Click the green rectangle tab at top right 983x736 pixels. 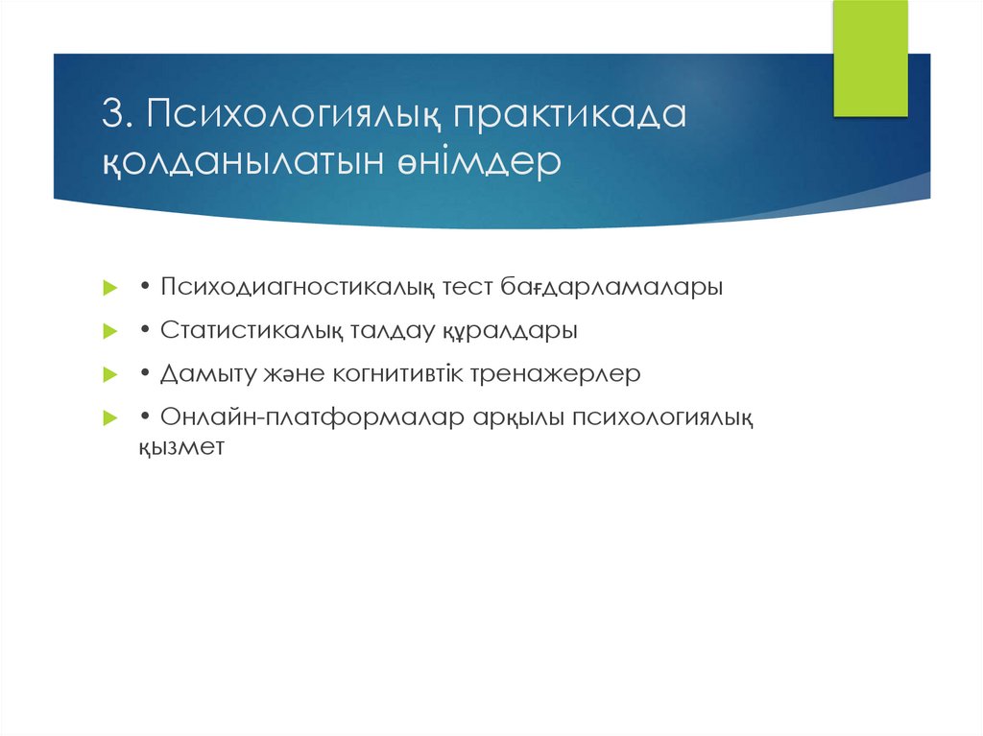(x=870, y=59)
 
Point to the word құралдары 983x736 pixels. (x=509, y=331)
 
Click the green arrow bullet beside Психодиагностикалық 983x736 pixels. (x=110, y=289)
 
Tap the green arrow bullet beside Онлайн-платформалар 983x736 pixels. (x=110, y=419)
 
